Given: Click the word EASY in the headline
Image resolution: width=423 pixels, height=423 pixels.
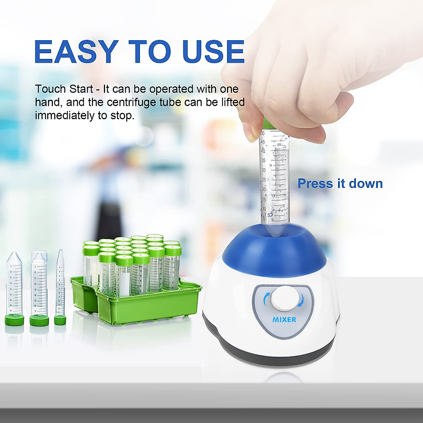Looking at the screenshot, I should [76, 52].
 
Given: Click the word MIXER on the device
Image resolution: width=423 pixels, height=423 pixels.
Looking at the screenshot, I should [284, 320].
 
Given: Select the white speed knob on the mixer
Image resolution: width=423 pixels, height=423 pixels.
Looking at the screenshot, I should [283, 300].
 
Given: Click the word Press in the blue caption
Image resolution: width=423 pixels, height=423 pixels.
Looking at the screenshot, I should [315, 184].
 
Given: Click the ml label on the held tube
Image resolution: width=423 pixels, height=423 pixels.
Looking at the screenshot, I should [280, 144].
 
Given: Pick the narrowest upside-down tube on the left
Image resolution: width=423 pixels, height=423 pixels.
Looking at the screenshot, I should [60, 286].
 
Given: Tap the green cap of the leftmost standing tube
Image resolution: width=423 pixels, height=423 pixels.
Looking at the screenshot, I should [14, 320].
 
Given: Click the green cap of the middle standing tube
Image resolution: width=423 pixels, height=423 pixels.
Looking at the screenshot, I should [39, 320].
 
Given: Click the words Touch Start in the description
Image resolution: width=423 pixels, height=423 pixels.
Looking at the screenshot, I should [64, 89].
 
